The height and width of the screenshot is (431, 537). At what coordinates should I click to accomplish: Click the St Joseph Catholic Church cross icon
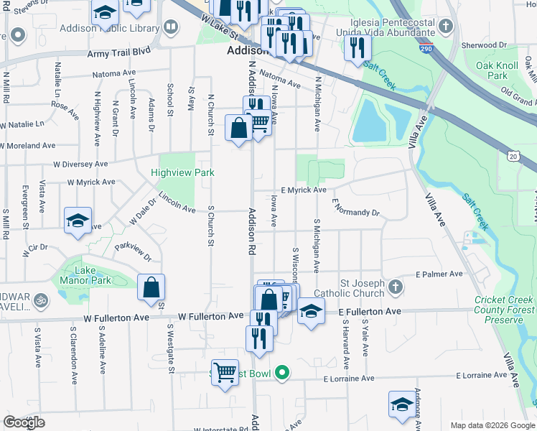395,288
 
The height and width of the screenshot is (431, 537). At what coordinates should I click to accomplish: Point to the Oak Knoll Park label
496,70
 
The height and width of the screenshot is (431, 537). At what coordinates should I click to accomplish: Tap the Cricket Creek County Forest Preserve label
504,310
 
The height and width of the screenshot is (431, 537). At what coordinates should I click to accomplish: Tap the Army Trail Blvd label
118,52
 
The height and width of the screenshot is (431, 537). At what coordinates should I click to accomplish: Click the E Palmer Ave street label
439,274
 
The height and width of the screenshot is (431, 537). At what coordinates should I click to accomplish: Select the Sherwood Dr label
484,45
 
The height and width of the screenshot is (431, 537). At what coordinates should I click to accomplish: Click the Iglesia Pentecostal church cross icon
446,27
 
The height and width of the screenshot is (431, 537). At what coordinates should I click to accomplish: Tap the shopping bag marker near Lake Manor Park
152,288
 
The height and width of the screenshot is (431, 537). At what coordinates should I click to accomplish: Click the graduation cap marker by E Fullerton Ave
311,312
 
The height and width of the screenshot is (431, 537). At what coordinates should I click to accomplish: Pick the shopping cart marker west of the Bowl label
225,373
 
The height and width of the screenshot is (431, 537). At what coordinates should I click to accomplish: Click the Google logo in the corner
24,422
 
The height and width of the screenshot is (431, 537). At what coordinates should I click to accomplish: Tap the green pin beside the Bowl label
283,372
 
